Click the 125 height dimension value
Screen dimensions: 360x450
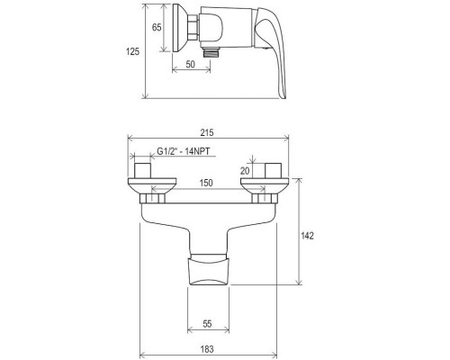pos(133,52)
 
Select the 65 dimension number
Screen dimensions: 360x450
pos(157,29)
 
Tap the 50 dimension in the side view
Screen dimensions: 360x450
pos(190,66)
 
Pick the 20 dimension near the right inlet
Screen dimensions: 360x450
pos(245,169)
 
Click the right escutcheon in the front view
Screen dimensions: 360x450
pos(264,189)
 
